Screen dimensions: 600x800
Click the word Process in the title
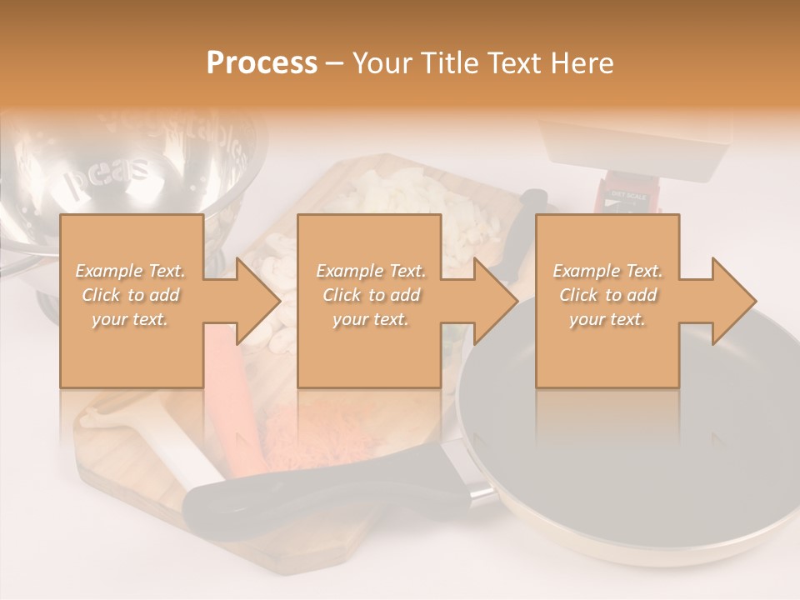tap(262, 63)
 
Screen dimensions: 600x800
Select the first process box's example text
tap(131, 295)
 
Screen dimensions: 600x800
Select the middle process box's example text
tap(370, 295)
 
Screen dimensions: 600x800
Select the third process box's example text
tap(607, 295)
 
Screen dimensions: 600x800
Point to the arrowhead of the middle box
tap(497, 301)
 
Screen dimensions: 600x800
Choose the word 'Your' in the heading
tap(380, 63)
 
